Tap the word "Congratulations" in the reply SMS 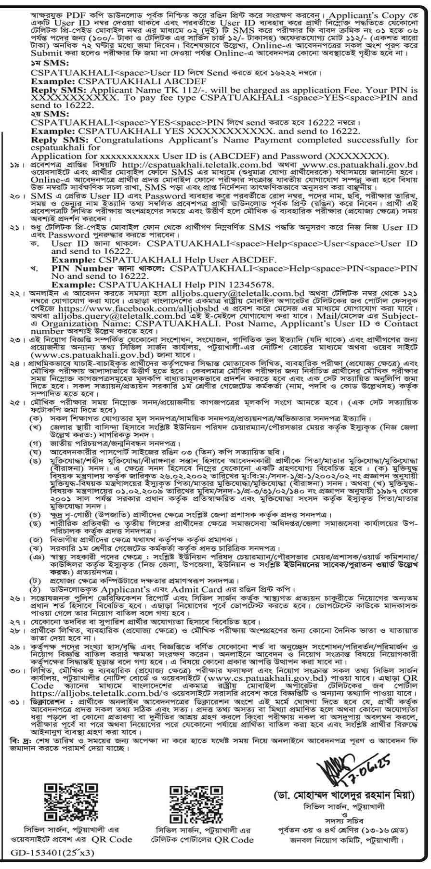112,140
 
